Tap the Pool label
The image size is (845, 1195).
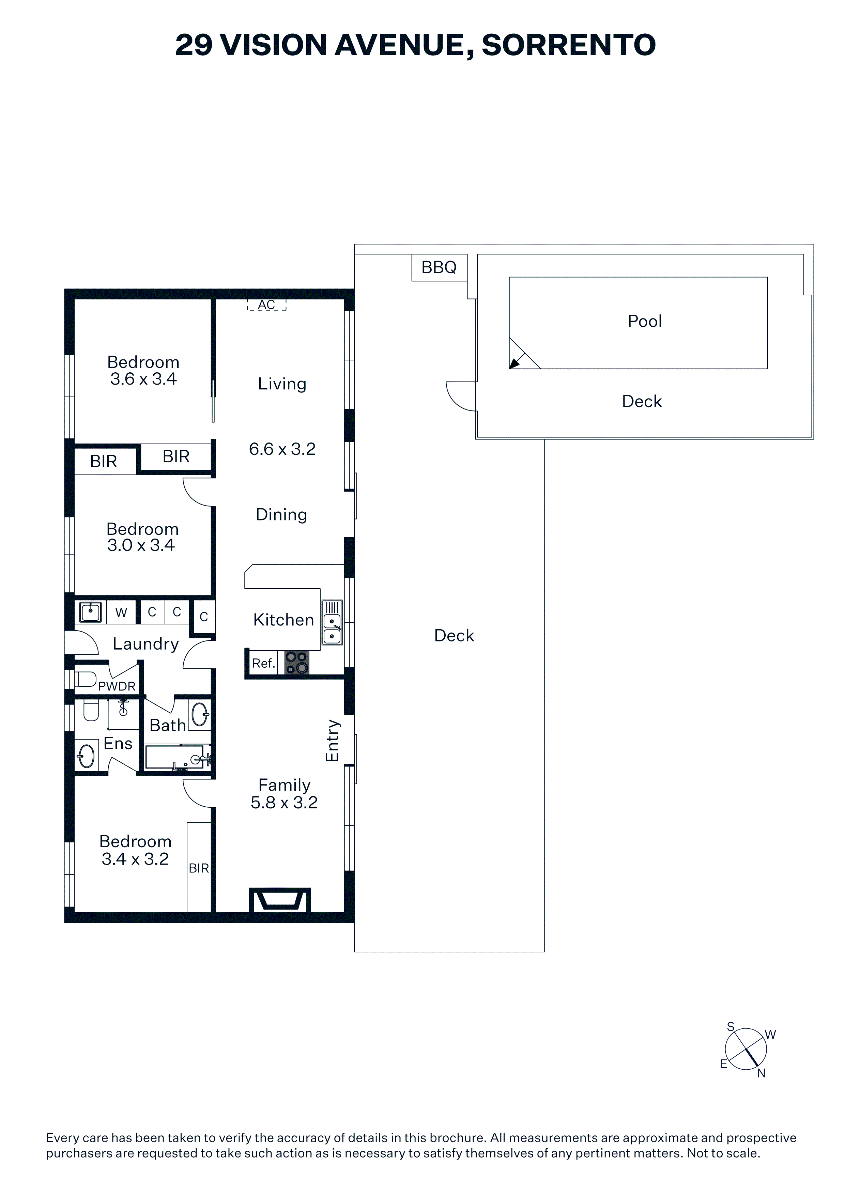point(645,321)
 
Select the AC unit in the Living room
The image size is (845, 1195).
point(266,305)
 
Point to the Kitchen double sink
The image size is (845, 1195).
point(332,622)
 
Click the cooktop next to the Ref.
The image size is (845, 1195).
point(297,663)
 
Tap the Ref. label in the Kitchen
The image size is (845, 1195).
point(263,663)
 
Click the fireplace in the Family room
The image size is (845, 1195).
point(280,900)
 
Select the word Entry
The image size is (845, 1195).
point(332,741)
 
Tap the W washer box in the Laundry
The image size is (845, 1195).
point(121,612)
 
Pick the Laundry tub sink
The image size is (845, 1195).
point(91,612)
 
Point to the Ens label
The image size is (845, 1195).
point(118,743)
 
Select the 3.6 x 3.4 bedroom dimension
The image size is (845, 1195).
point(143,379)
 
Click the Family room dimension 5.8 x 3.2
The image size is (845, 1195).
point(284,803)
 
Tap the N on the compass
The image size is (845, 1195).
point(761,1073)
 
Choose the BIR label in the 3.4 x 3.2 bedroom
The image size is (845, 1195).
point(199,868)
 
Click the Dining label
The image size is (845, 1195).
point(282,515)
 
